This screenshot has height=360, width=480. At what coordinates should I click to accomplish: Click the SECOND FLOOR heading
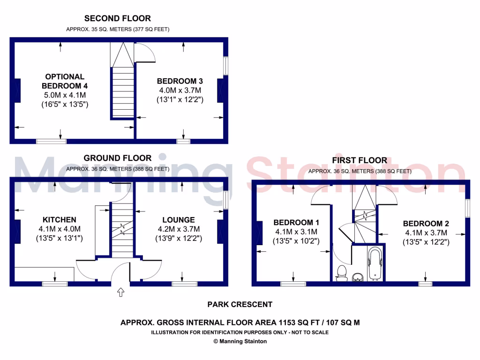click(x=117, y=19)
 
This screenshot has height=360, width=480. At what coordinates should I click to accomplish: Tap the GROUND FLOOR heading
click(x=118, y=158)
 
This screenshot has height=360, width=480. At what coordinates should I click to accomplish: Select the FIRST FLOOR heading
click(x=360, y=160)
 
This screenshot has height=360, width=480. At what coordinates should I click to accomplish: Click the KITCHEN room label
click(x=60, y=219)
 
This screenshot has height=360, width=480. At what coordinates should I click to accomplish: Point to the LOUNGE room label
click(x=178, y=219)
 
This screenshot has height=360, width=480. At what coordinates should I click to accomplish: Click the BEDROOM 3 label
click(x=180, y=81)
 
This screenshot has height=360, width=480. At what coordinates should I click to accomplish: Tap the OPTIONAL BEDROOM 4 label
click(x=65, y=81)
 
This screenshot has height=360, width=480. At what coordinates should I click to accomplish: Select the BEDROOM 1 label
click(x=296, y=222)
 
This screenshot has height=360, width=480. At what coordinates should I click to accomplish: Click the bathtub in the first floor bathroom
click(x=375, y=263)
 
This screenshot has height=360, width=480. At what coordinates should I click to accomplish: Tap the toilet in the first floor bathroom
click(x=341, y=272)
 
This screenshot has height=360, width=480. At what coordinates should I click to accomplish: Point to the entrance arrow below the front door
click(x=120, y=292)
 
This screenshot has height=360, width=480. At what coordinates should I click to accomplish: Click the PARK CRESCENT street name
click(x=240, y=304)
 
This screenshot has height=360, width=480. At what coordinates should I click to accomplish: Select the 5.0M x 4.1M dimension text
click(x=65, y=95)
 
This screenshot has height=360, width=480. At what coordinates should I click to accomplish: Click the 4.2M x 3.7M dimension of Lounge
click(x=178, y=229)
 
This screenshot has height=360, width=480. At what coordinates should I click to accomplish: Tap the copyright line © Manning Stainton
click(x=240, y=341)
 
